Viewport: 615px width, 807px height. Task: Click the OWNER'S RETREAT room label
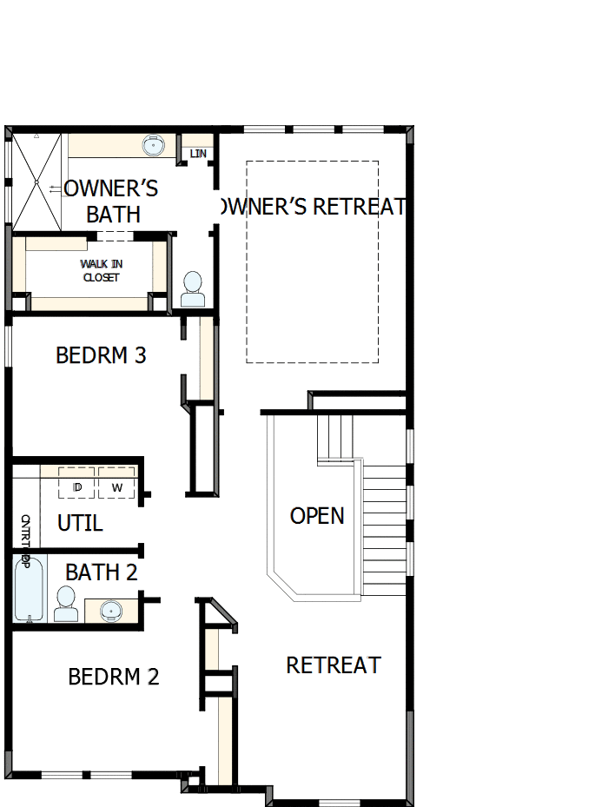(x=312, y=207)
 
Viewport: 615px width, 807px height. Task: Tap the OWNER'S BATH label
(x=112, y=201)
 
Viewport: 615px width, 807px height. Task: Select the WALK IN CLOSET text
(x=100, y=270)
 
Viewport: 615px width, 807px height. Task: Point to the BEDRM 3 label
(x=101, y=355)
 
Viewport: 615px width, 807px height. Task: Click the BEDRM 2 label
(x=114, y=676)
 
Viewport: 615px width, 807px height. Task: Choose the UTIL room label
(x=80, y=523)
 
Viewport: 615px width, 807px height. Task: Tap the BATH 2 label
(x=102, y=572)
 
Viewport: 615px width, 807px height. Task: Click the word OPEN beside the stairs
(x=317, y=515)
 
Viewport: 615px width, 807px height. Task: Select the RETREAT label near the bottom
(x=334, y=665)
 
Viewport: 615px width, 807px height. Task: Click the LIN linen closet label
(x=199, y=154)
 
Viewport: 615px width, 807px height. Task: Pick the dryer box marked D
(x=77, y=486)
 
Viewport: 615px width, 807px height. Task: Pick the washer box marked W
(x=116, y=486)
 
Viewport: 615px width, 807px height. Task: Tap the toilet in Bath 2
(x=66, y=603)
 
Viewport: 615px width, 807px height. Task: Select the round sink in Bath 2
(x=111, y=611)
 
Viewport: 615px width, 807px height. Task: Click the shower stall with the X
(x=36, y=182)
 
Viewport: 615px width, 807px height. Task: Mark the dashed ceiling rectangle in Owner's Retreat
(x=312, y=261)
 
